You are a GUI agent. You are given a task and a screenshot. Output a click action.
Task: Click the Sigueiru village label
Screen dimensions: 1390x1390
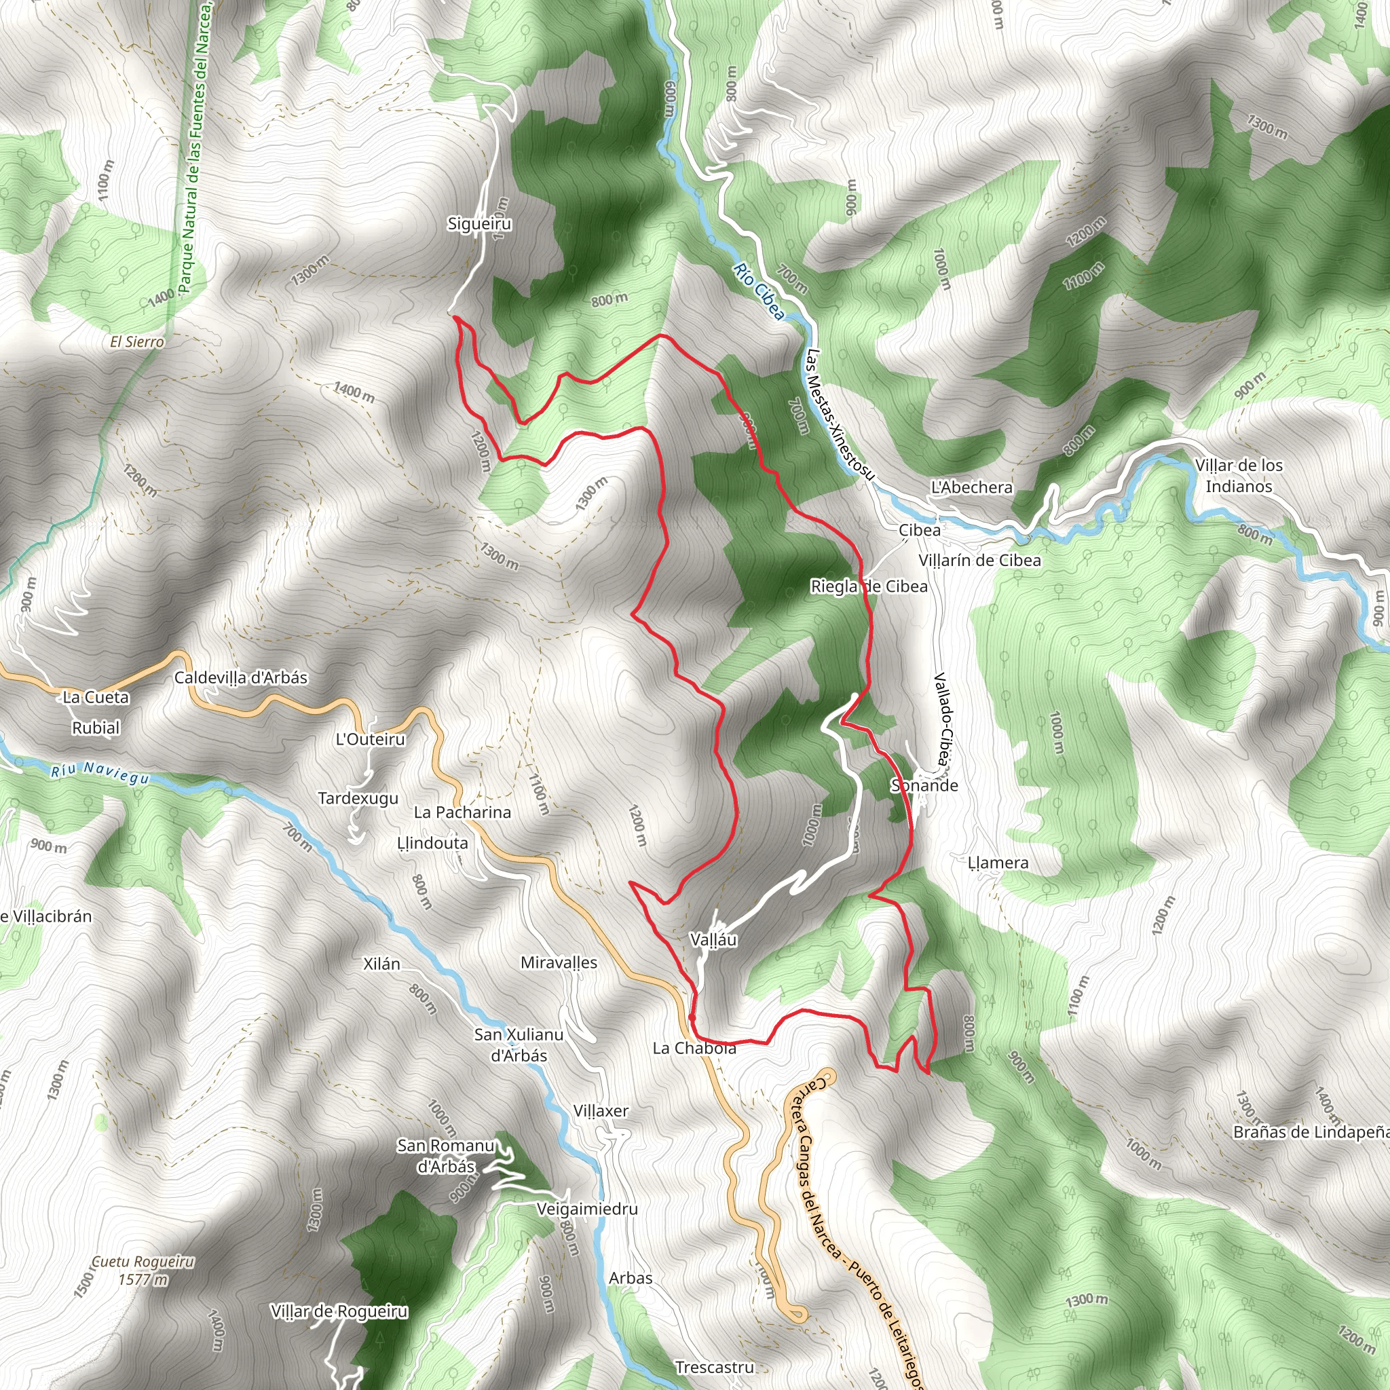pos(479,224)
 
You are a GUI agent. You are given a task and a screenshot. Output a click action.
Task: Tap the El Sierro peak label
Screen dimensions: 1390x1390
pos(136,342)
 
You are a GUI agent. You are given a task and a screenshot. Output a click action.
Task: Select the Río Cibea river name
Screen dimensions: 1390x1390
pos(759,290)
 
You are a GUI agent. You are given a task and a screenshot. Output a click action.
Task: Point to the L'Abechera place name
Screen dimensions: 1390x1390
pos(971,487)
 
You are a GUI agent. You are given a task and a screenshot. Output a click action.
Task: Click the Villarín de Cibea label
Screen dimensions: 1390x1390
pos(979,560)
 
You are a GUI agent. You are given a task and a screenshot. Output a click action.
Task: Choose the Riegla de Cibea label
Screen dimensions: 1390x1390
pos(869,586)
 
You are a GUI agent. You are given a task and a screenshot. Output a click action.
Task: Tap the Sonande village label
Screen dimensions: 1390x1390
pos(924,785)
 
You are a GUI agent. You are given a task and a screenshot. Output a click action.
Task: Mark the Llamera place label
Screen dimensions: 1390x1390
pos(998,863)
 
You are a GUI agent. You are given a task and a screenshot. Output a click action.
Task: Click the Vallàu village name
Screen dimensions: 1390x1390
pos(713,939)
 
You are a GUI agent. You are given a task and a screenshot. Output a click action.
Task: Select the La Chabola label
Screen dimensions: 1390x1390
pos(694,1048)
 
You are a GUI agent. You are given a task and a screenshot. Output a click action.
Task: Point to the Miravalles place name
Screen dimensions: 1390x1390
pos(559,962)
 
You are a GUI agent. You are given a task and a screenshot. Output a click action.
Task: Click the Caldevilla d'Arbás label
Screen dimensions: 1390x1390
pos(241,678)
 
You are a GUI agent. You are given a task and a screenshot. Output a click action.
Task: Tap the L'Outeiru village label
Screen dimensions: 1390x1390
pos(371,740)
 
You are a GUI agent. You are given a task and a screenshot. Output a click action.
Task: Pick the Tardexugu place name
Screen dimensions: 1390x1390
pos(358,799)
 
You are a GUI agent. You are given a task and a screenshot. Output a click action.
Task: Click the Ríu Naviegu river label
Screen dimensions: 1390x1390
pos(100,772)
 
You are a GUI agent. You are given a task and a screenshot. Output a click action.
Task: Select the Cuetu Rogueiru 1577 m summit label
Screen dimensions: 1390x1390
pos(143,1270)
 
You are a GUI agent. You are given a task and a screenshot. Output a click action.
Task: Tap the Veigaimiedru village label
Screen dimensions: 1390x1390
pos(587,1209)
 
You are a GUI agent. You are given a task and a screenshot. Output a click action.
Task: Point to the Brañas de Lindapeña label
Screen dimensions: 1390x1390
pos(1311,1133)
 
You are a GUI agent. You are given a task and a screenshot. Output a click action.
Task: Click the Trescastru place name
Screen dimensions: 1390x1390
pos(715,1367)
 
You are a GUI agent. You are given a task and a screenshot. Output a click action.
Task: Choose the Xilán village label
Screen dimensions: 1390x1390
pos(381,964)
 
